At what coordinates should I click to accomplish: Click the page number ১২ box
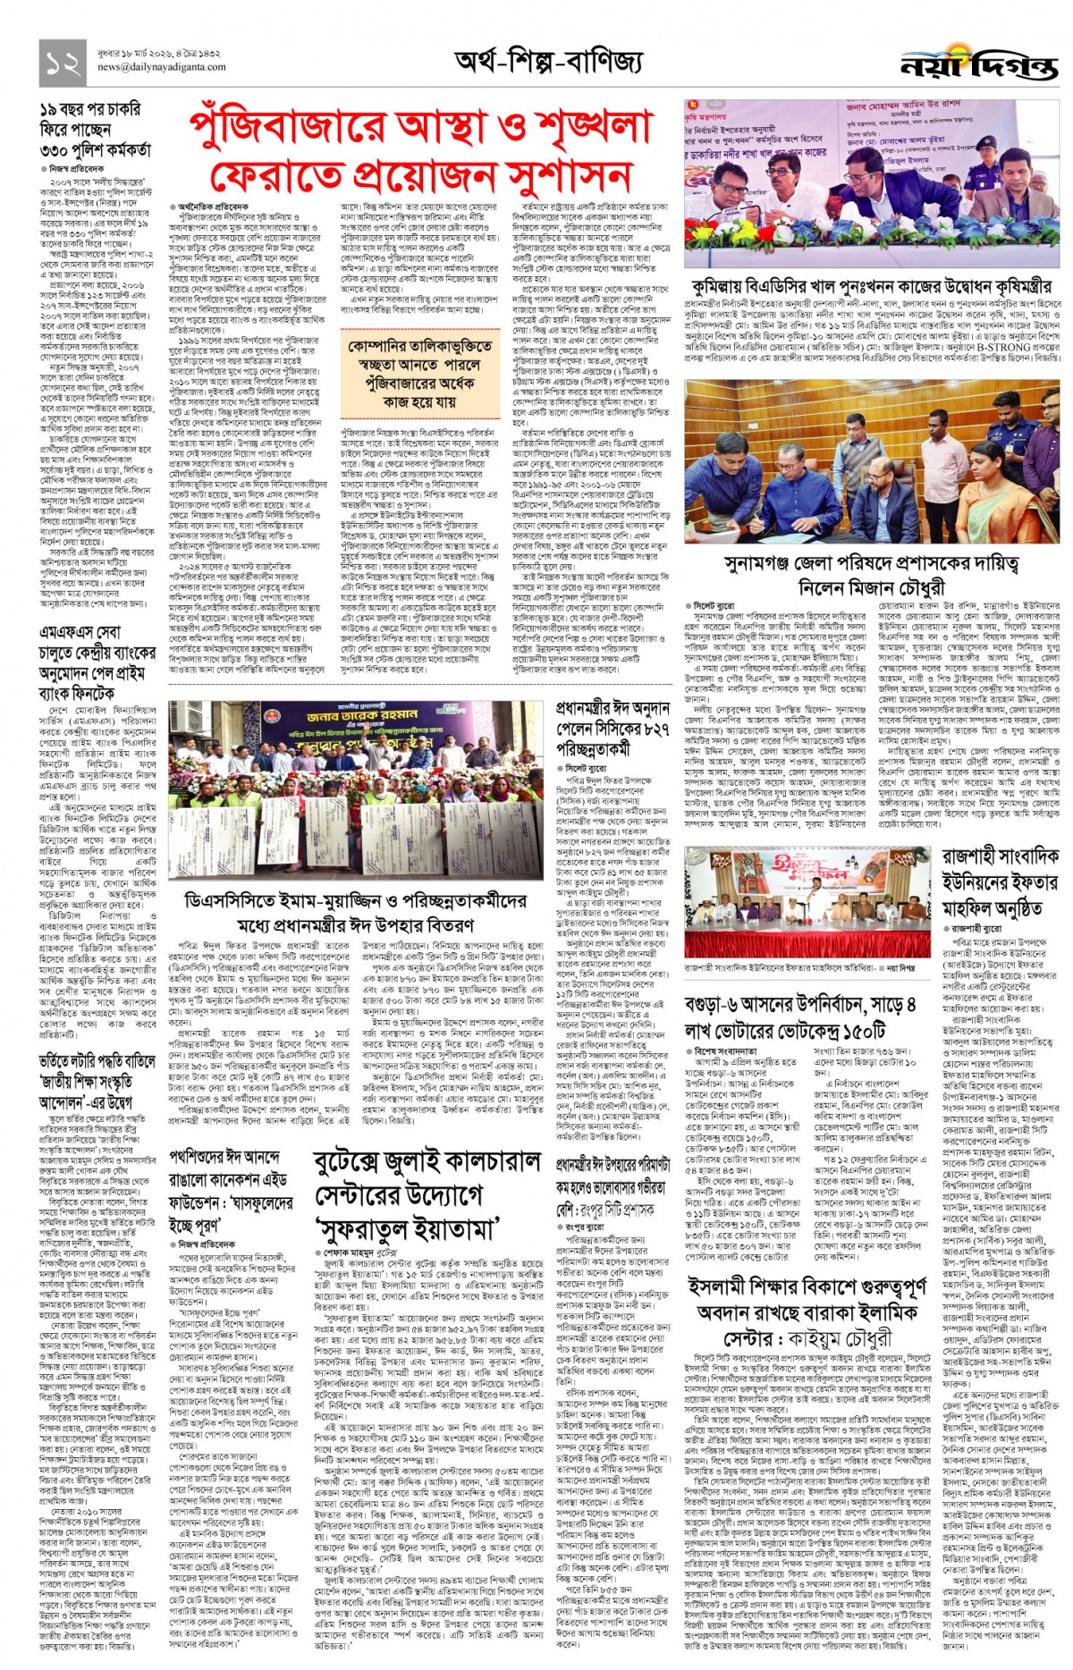[63, 61]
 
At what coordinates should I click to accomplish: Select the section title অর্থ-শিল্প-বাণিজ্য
[548, 61]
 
